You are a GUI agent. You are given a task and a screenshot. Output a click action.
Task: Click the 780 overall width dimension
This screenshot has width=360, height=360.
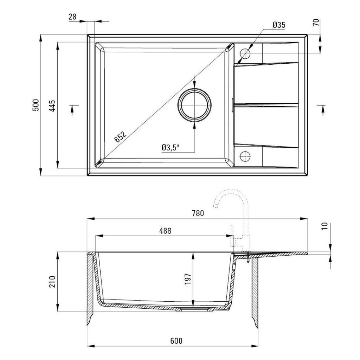(x=198, y=213)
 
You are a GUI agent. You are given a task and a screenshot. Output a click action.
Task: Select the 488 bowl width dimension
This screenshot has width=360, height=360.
(x=165, y=231)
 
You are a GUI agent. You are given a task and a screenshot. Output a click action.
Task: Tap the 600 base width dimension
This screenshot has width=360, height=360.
(x=176, y=341)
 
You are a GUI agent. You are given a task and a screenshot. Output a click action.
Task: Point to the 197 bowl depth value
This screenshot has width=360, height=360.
(x=188, y=279)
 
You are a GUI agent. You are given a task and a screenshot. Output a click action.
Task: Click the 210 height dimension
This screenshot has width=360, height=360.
(x=52, y=282)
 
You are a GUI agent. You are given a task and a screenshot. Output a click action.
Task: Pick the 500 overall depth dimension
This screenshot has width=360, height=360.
(x=36, y=105)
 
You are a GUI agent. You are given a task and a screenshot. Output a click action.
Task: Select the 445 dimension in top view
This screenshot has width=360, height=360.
(x=52, y=105)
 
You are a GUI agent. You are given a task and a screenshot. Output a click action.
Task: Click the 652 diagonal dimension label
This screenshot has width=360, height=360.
(x=120, y=137)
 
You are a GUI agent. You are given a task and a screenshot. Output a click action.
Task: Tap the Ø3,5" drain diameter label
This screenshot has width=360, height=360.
(x=170, y=148)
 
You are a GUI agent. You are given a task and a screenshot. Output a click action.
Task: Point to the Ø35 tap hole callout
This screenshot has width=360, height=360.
(x=279, y=25)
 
